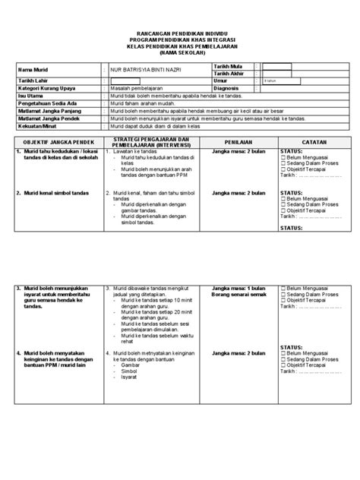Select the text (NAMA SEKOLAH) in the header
[180, 54]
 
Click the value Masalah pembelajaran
[140, 88]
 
